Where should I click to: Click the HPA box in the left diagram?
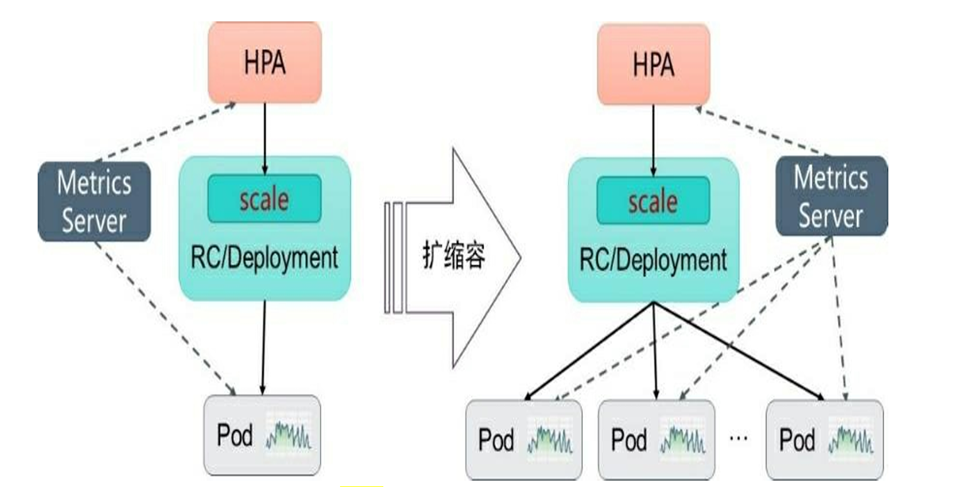point(265,63)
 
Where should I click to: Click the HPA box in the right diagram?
point(653,64)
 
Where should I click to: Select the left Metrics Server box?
point(94,201)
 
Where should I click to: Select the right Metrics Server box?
point(831,196)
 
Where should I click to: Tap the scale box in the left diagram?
point(264,198)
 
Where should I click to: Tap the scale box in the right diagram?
point(653,201)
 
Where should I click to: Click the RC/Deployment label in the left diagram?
point(264,258)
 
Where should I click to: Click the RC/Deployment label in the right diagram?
point(653,260)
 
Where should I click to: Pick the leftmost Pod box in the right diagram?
point(523,439)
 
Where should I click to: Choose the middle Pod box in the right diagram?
point(656,439)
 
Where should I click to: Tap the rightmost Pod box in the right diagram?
point(824,439)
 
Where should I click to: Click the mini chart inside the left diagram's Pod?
point(289,435)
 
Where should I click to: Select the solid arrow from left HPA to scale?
point(265,138)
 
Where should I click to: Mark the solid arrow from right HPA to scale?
point(653,139)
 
